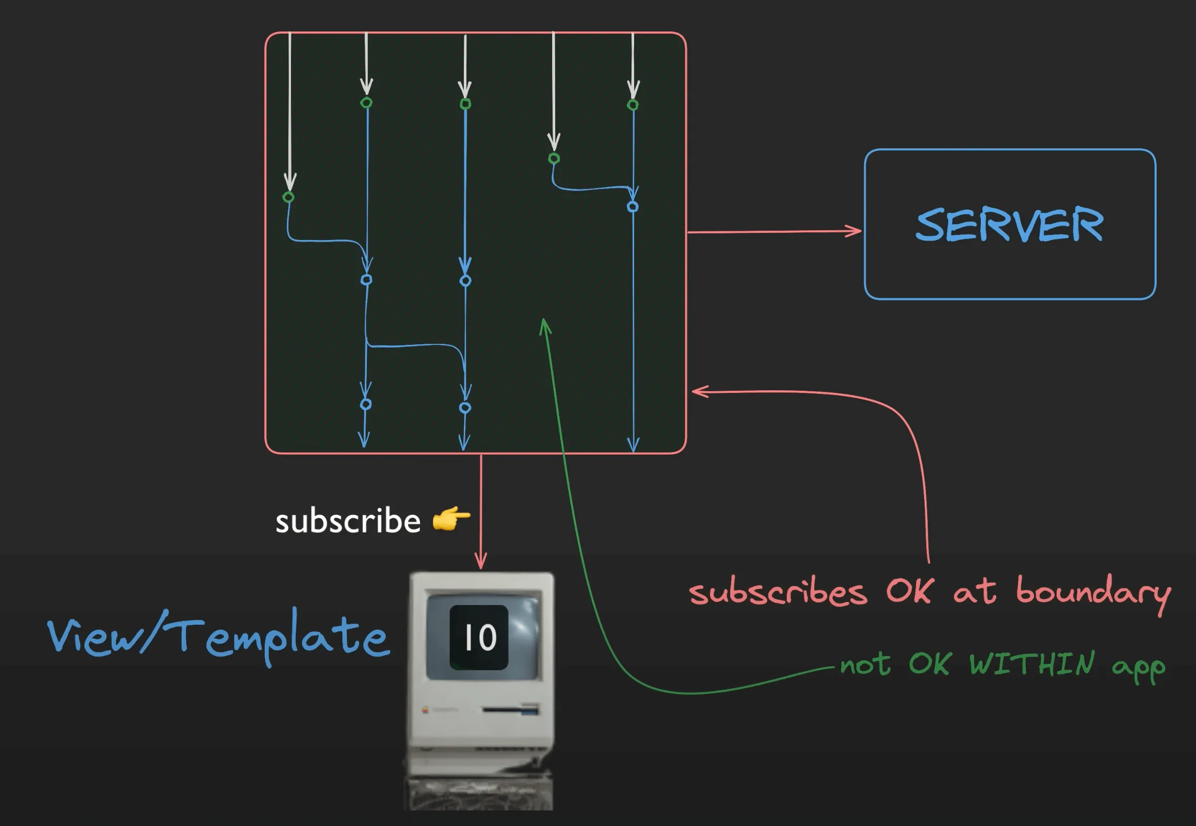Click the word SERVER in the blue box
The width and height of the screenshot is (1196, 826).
point(1009,225)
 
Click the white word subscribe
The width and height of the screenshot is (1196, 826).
point(348,521)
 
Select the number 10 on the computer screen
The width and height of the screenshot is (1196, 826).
point(479,637)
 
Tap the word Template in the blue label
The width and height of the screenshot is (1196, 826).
point(282,636)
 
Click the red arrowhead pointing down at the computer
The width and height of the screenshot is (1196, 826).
point(480,562)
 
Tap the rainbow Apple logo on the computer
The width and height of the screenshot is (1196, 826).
point(425,710)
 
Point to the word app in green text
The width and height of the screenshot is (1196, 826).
point(1138,666)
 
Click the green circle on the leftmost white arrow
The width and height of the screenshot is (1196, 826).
point(288,197)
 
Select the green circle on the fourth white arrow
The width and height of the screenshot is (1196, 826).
point(554,158)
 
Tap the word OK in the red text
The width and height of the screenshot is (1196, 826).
point(910,590)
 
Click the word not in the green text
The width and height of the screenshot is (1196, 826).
point(865,664)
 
